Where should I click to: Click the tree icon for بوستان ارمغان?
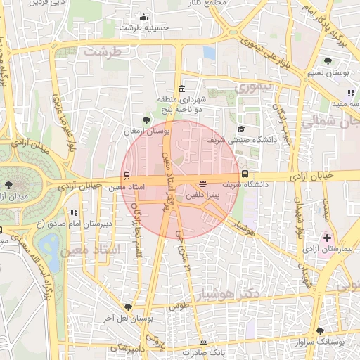pos(146,121)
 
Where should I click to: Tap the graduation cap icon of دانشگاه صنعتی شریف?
pos(241,129)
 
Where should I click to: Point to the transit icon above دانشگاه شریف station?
pos(245,174)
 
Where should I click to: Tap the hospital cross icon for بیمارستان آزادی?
pos(327,238)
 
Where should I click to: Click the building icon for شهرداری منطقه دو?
pos(182,89)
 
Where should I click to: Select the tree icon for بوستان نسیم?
pos(328,62)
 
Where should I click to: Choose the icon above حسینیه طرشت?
pos(144,17)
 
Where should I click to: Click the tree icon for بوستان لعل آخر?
pos(128,307)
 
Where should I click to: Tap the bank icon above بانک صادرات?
pos(203,342)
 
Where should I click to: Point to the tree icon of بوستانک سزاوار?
pos(320,330)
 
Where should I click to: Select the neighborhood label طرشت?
pos(101,51)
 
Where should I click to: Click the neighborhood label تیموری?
pos(252,88)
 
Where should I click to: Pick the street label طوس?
pos(180,307)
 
